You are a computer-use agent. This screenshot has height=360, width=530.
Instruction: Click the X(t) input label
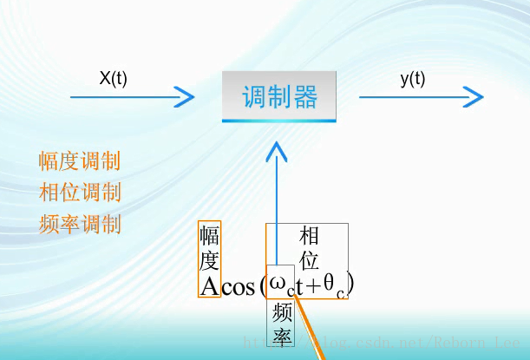[113, 78]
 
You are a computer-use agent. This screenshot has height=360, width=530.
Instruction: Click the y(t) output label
[413, 78]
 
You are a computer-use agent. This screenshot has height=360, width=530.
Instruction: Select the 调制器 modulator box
[279, 96]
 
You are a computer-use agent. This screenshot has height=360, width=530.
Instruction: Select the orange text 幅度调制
[80, 161]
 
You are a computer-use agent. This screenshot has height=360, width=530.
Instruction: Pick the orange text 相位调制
[80, 193]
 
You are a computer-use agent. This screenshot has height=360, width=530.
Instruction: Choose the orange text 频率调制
[80, 225]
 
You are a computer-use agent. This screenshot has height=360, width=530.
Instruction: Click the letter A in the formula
[209, 286]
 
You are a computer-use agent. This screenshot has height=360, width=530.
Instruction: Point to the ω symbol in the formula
[278, 284]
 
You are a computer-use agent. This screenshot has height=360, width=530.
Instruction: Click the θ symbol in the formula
[330, 283]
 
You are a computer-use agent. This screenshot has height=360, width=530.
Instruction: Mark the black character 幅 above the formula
[209, 236]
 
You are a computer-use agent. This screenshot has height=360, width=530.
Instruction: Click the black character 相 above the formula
[309, 235]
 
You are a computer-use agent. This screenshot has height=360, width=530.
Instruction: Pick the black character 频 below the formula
[280, 311]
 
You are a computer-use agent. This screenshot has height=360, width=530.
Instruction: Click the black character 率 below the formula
[280, 336]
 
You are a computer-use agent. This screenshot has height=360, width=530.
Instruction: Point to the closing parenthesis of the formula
[350, 283]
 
